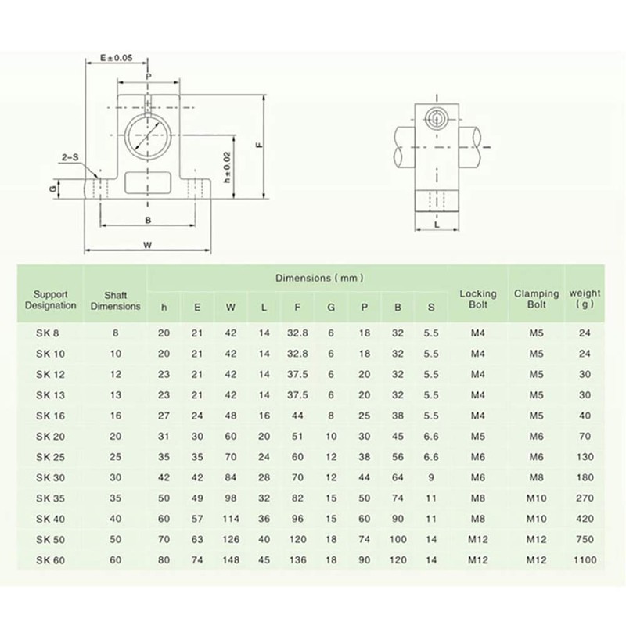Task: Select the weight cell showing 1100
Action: pos(584,559)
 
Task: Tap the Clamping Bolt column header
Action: pos(536,299)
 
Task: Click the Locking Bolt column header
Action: pos(478,299)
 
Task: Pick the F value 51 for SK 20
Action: pos(297,436)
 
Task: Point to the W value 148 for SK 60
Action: pos(230,559)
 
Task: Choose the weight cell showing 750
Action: pos(584,539)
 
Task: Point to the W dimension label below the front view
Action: pos(147,245)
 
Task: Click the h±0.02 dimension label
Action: pos(226,167)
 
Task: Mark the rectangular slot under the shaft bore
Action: pos(147,182)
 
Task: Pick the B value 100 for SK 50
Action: pos(398,539)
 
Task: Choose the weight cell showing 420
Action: pos(584,518)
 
